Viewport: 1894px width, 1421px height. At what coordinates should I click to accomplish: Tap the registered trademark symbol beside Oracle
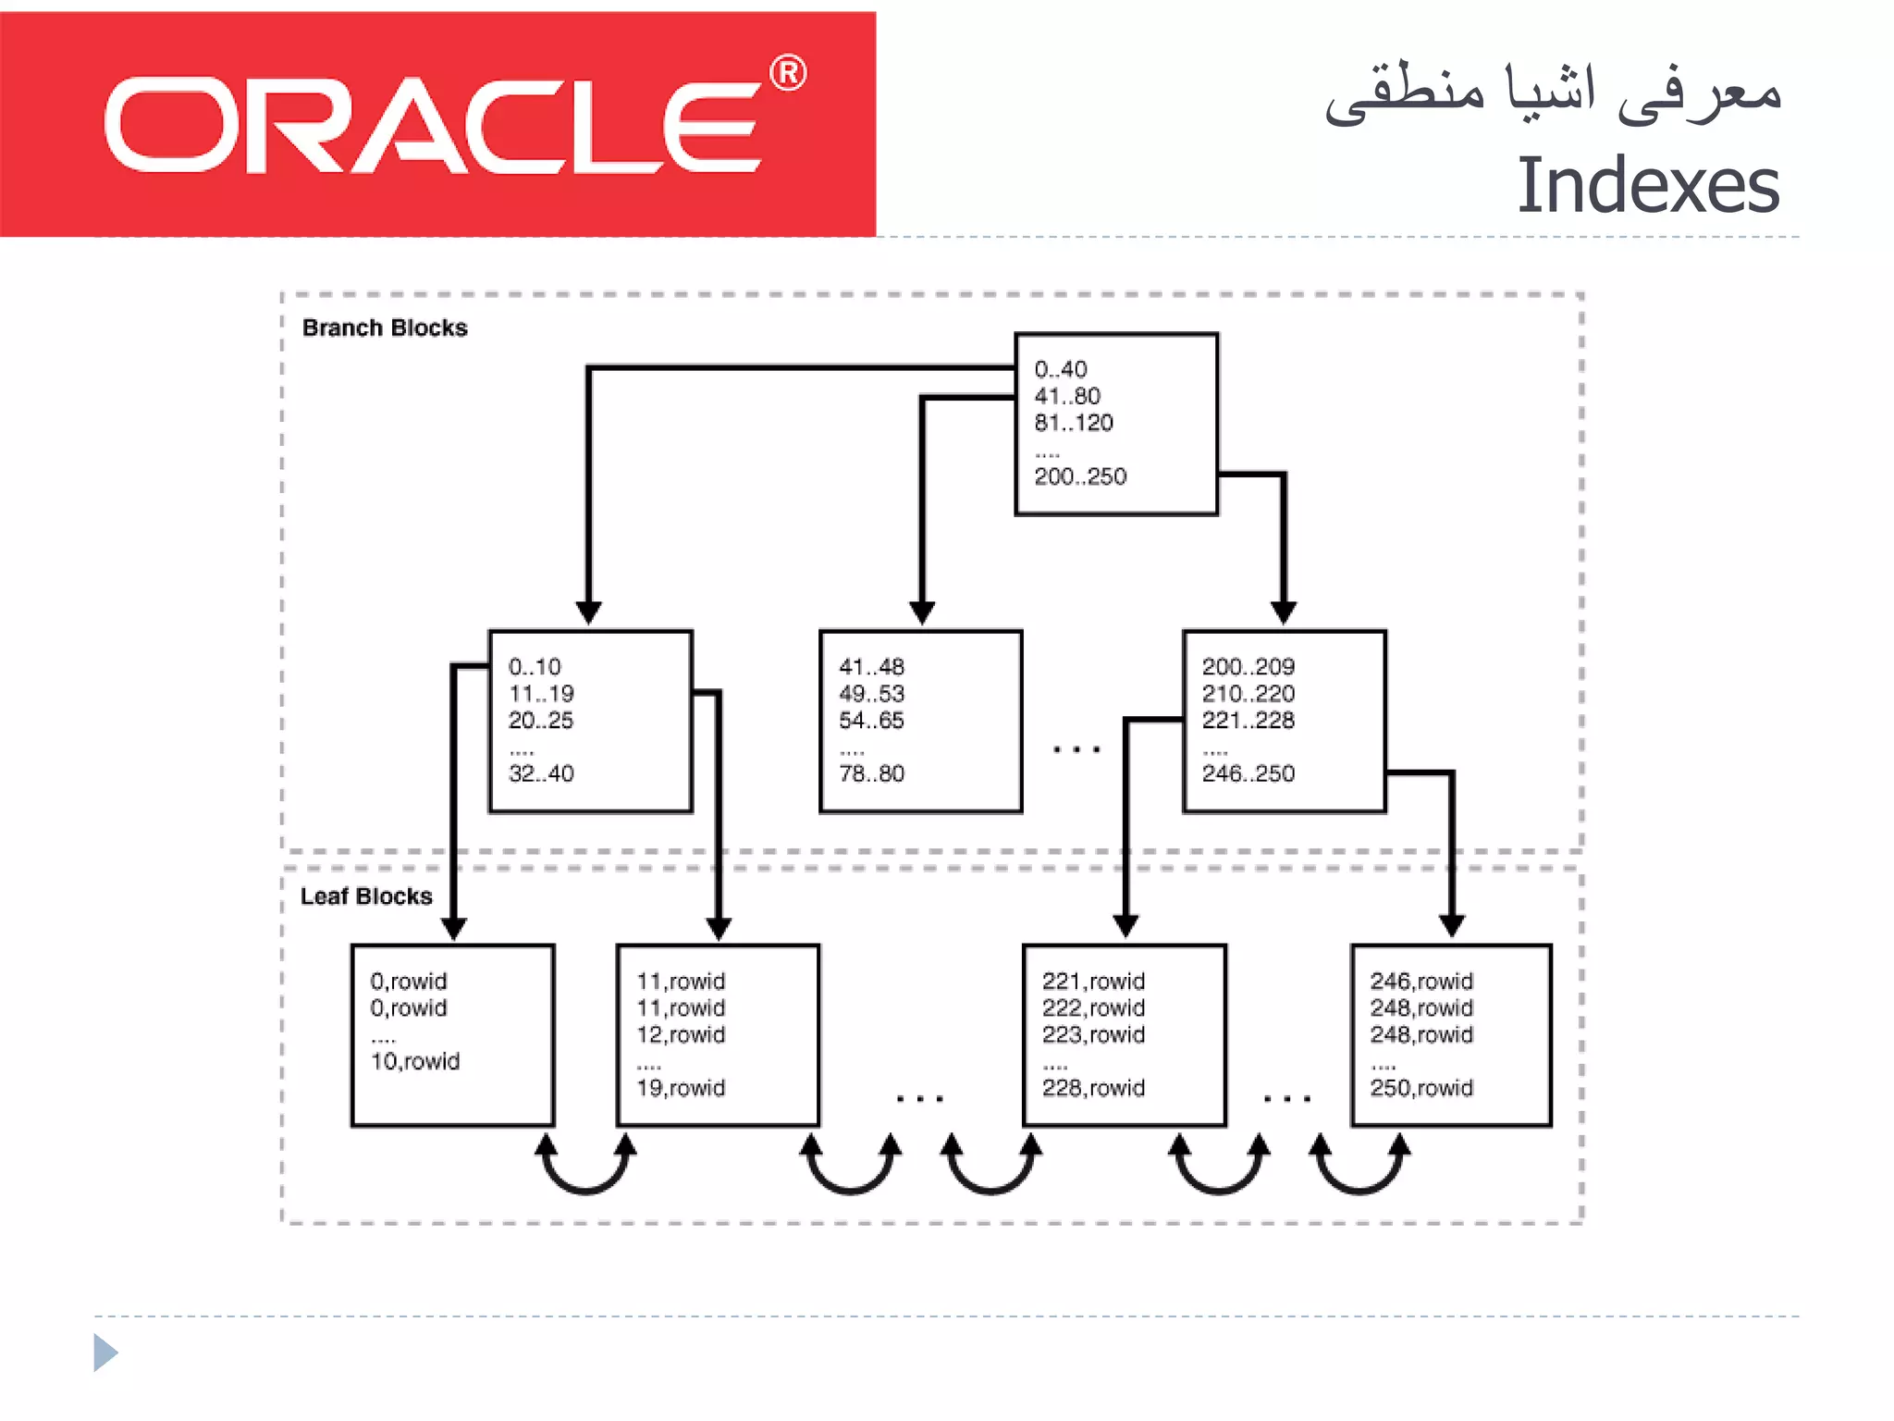(x=788, y=73)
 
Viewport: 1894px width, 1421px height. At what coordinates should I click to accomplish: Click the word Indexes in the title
(x=1647, y=186)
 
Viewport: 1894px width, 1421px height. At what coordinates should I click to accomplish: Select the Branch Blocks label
(x=385, y=327)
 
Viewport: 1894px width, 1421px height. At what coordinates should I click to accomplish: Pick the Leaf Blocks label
(x=366, y=896)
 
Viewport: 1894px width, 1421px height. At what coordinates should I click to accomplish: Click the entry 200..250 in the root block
(x=1080, y=476)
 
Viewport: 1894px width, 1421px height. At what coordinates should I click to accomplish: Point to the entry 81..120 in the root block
(x=1074, y=423)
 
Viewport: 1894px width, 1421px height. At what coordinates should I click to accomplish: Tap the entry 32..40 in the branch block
(x=541, y=773)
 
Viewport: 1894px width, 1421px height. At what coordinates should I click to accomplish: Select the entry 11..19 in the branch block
(x=541, y=693)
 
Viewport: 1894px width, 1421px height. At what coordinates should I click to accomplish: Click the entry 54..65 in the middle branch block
(x=871, y=720)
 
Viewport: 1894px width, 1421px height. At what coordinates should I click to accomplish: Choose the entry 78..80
(x=871, y=773)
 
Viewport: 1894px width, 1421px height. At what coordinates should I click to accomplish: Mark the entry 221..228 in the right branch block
(x=1248, y=720)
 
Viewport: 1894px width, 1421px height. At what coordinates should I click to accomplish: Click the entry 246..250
(x=1248, y=773)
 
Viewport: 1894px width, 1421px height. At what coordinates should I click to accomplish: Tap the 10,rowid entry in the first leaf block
(x=415, y=1061)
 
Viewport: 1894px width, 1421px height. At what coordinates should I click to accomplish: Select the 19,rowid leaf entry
(x=681, y=1088)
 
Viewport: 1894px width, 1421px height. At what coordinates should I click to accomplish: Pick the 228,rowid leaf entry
(x=1093, y=1088)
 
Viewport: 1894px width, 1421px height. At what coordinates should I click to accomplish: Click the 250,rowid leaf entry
(x=1421, y=1088)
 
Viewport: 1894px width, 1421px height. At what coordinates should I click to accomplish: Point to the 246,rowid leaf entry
(x=1421, y=981)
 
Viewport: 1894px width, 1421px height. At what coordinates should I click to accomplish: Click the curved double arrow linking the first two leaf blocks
(x=585, y=1170)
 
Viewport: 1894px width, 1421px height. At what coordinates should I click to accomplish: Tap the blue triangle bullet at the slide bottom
(x=105, y=1353)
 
